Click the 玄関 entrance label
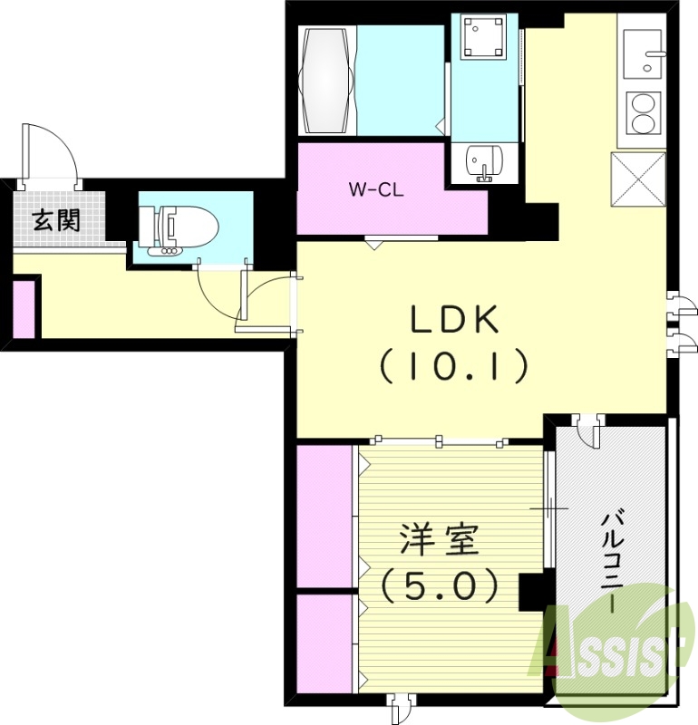(56, 220)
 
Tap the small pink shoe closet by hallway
(24, 309)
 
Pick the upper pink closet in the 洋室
(324, 515)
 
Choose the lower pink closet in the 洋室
(324, 643)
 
